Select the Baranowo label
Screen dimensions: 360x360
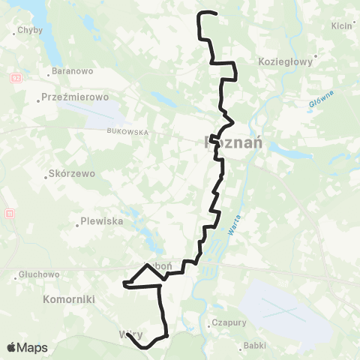[72, 72]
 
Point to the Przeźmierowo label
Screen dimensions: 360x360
[75, 97]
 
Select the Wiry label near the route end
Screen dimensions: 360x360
[129, 334]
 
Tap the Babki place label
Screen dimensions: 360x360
[253, 347]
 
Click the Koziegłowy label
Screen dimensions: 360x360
[285, 62]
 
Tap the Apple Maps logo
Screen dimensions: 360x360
[27, 347]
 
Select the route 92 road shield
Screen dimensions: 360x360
[16, 78]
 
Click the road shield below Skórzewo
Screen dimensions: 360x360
[8, 214]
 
